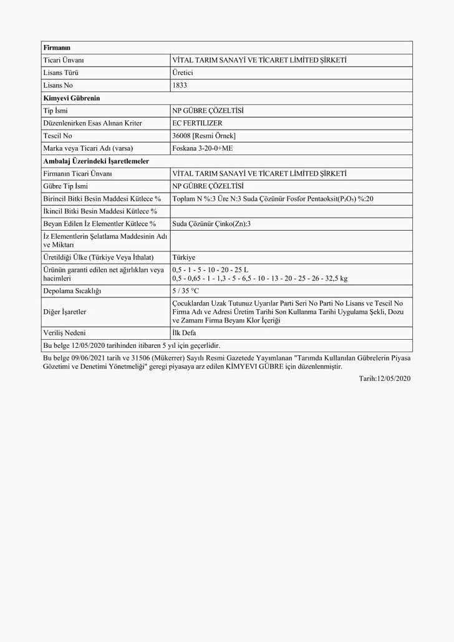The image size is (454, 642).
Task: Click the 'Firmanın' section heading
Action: tap(57, 47)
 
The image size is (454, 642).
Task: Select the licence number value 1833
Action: tap(180, 85)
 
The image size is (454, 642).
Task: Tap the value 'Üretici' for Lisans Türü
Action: tap(183, 72)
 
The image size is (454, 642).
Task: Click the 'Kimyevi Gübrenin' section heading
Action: tap(72, 98)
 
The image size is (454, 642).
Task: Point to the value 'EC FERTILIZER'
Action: tap(197, 123)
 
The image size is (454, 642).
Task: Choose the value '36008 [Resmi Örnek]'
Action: tap(204, 136)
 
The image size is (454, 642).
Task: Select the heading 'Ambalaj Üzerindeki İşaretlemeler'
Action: tap(96, 161)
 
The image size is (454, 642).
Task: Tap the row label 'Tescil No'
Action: tap(58, 136)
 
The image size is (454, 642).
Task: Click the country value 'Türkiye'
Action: tap(184, 257)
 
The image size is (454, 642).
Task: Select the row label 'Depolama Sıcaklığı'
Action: tap(72, 291)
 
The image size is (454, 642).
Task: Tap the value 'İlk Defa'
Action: tap(184, 333)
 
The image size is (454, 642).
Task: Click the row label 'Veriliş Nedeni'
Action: tap(65, 333)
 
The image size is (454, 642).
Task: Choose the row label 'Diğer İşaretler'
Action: tap(65, 312)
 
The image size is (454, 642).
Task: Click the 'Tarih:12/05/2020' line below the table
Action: tap(385, 378)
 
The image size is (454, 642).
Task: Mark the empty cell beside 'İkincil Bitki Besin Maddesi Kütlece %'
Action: tap(291, 211)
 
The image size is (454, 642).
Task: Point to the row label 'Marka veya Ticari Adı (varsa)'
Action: tap(89, 148)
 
